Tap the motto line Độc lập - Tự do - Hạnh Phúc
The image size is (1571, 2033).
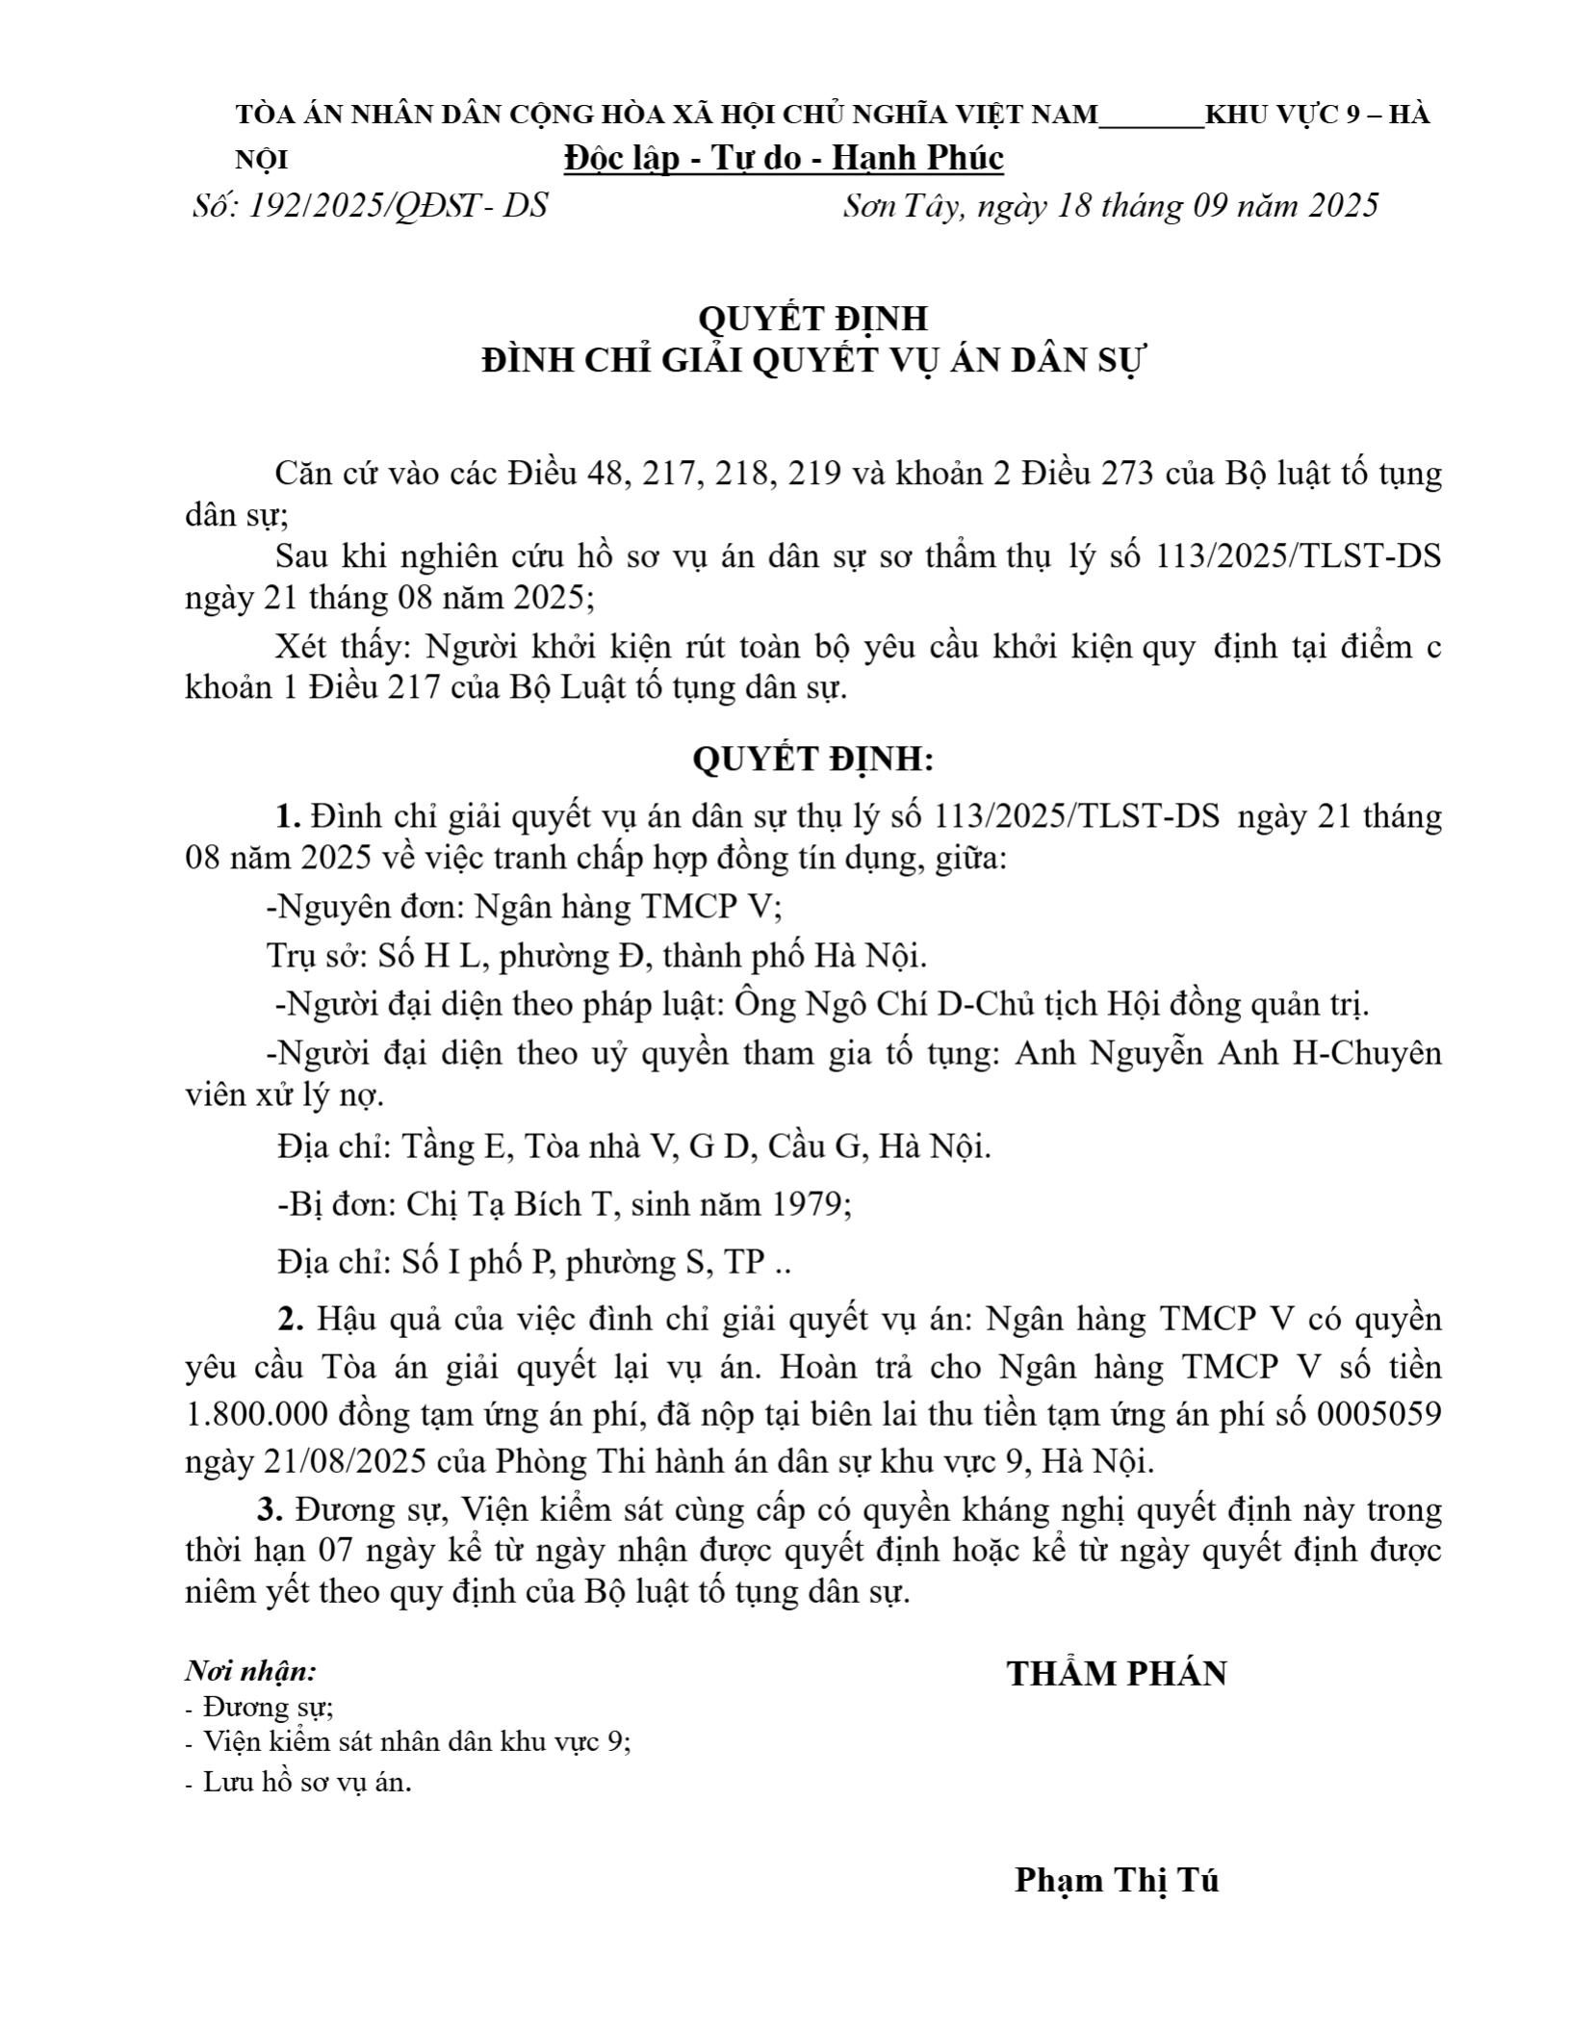pyautogui.click(x=784, y=158)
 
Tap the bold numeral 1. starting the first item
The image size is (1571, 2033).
pyautogui.click(x=289, y=815)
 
